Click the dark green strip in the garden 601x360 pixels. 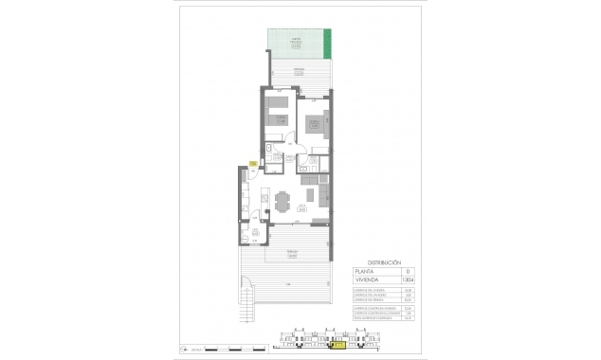coord(329,44)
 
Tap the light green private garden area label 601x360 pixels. coord(297,41)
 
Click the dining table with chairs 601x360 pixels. coord(284,201)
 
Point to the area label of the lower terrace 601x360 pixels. coord(293,253)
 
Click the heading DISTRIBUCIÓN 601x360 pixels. coord(385,261)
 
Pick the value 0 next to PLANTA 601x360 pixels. coord(408,271)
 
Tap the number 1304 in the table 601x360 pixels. coord(408,280)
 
